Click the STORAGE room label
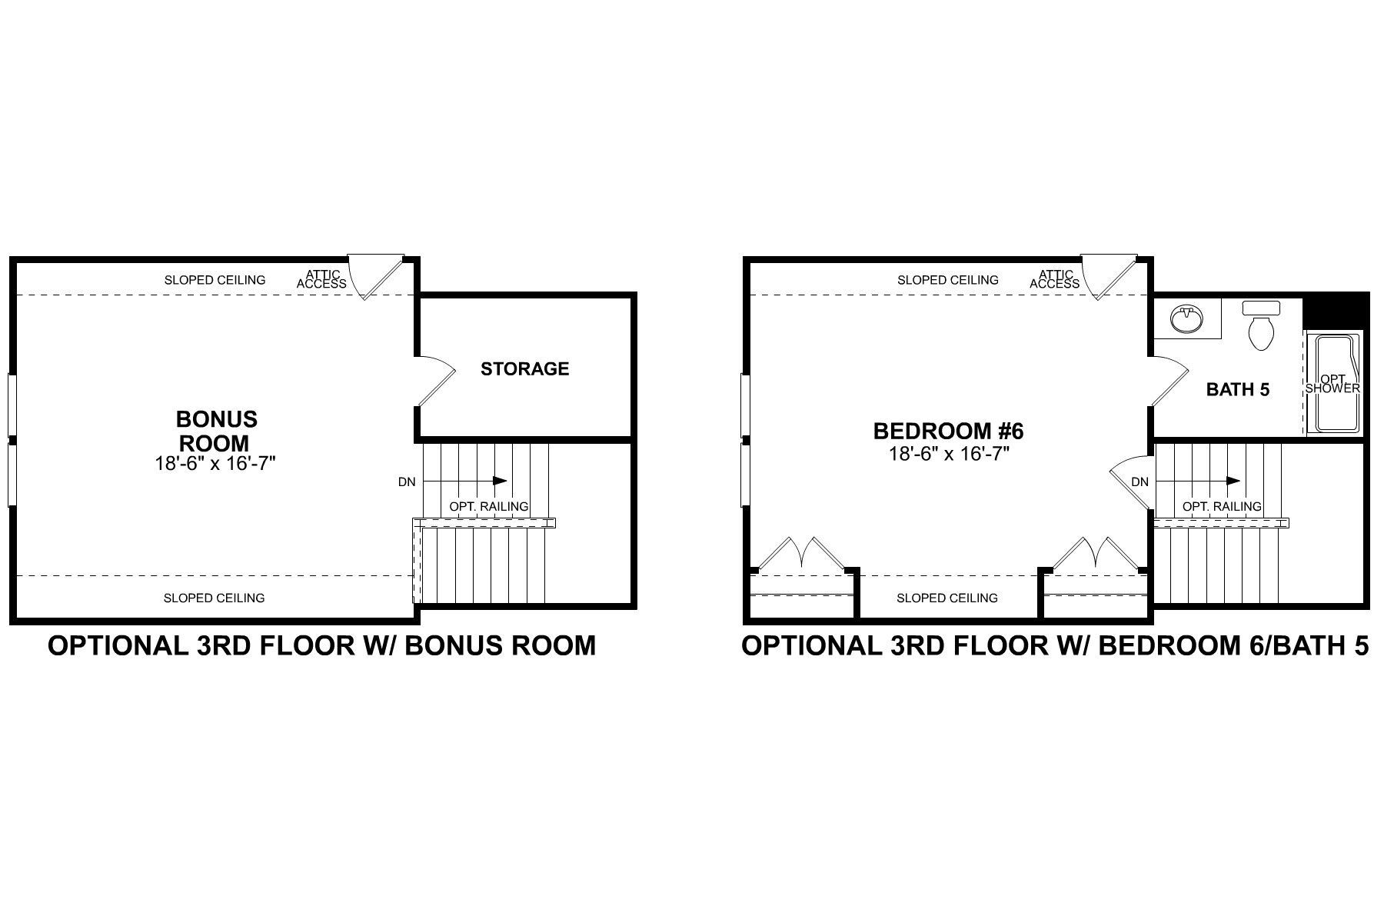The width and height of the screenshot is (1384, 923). pos(525,369)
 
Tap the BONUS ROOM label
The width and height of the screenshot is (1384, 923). pos(216,431)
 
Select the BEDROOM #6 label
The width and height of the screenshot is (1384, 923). pos(948,431)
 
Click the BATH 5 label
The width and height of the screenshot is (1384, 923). pos(1237,390)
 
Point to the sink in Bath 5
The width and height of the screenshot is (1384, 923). pos(1186,318)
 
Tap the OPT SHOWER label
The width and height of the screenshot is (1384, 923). pos(1332,384)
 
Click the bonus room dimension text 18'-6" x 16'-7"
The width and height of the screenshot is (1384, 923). pos(215,464)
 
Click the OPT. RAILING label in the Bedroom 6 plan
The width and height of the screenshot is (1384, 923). pos(1222,507)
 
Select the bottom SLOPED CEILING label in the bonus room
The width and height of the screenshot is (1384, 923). pos(214,598)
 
